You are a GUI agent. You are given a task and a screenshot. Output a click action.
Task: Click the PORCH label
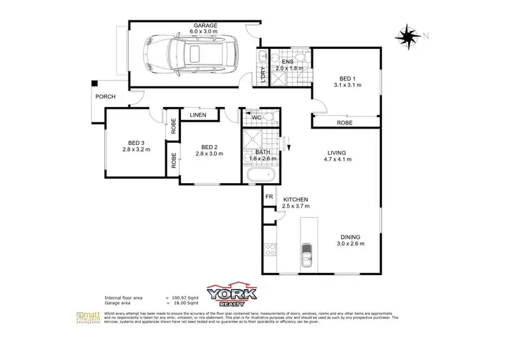coord(105,97)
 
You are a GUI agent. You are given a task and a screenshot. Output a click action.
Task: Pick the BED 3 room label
coord(133,142)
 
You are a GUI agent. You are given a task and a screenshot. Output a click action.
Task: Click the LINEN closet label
coord(199,115)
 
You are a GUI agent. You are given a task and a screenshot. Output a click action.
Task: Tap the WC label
coord(256,118)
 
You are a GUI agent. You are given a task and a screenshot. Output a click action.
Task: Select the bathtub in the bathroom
coord(261,177)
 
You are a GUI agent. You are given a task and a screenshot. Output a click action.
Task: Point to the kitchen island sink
coord(307,257)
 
